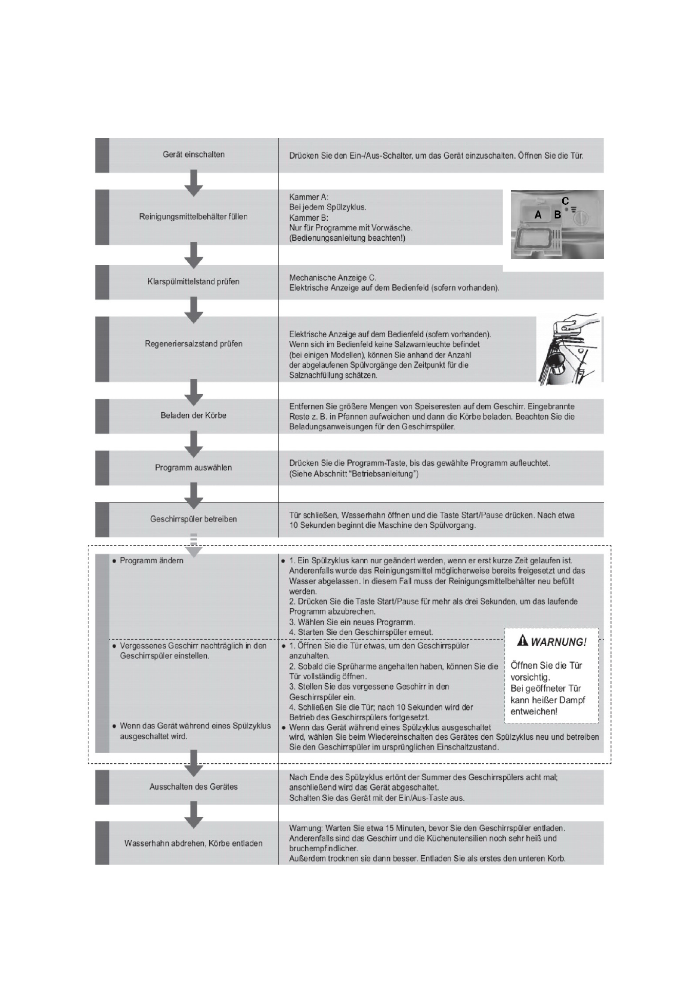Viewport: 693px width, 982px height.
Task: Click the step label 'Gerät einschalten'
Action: tap(193, 155)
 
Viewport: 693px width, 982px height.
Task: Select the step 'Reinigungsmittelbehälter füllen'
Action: tap(193, 217)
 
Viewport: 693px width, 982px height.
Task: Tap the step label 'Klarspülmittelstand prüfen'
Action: tap(193, 281)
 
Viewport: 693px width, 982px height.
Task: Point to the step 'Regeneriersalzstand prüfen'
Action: tap(193, 344)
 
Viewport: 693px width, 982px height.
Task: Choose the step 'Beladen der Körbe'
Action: tap(193, 415)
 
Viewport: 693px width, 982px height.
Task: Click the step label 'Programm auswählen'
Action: tap(193, 468)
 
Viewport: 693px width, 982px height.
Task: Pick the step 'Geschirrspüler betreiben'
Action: tap(193, 519)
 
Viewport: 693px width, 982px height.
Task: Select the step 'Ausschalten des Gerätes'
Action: tap(193, 786)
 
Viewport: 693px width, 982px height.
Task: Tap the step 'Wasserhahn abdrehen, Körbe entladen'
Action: tap(193, 843)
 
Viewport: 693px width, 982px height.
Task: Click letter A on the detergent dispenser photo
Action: tap(538, 215)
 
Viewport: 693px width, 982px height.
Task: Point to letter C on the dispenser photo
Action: tap(565, 201)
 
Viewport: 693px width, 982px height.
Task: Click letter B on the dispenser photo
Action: tap(557, 215)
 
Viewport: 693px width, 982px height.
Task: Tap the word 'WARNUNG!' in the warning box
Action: tap(559, 642)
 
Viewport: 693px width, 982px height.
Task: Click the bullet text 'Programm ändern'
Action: tap(151, 561)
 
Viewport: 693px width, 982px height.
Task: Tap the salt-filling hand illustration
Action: tap(569, 349)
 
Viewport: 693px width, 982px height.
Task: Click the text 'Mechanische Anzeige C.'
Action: tap(332, 278)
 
